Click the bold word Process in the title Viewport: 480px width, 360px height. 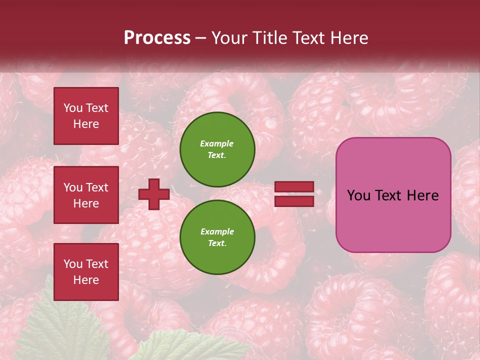[157, 38]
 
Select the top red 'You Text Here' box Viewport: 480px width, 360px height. [86, 116]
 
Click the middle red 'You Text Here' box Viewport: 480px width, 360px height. [86, 195]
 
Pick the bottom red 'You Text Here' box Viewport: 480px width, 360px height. [86, 272]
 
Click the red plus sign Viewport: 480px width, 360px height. [153, 194]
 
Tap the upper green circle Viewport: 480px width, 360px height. [217, 149]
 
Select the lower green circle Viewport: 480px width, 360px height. [217, 237]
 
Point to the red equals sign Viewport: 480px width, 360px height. [294, 194]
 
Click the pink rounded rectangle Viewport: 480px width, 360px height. [393, 194]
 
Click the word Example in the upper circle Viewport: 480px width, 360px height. [217, 143]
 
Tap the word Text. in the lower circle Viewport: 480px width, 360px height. [217, 243]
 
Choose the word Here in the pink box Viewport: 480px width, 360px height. [423, 195]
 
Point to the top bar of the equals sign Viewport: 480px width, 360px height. [294, 187]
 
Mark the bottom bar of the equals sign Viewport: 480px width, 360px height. [294, 201]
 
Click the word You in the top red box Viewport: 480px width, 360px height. [73, 108]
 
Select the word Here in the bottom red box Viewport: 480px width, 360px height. [86, 280]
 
